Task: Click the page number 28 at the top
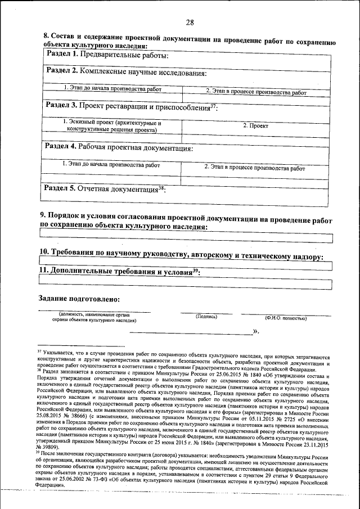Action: pyautogui.click(x=190, y=22)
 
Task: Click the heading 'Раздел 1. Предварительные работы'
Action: pyautogui.click(x=106, y=55)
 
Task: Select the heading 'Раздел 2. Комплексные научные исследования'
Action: pyautogui.click(x=123, y=72)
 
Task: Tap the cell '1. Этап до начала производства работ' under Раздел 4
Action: pyautogui.click(x=111, y=165)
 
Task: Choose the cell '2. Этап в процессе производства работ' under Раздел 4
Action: pyautogui.click(x=255, y=168)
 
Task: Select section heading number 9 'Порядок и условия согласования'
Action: pyautogui.click(x=186, y=221)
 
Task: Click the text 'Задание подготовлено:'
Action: pyautogui.click(x=79, y=298)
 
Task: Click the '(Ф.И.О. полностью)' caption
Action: pyautogui.click(x=286, y=318)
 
